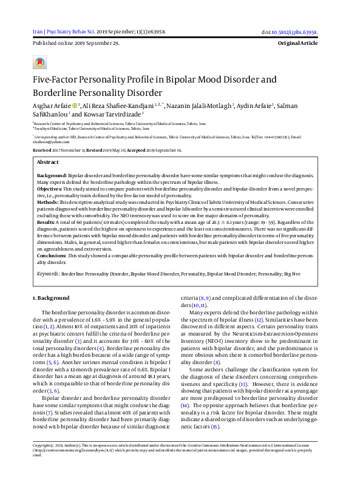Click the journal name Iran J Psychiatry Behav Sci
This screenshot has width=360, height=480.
[x=62, y=32]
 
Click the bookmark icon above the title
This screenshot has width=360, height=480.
[x=39, y=62]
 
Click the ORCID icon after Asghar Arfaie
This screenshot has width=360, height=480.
[x=75, y=105]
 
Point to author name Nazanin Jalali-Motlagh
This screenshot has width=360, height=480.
[x=198, y=105]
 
